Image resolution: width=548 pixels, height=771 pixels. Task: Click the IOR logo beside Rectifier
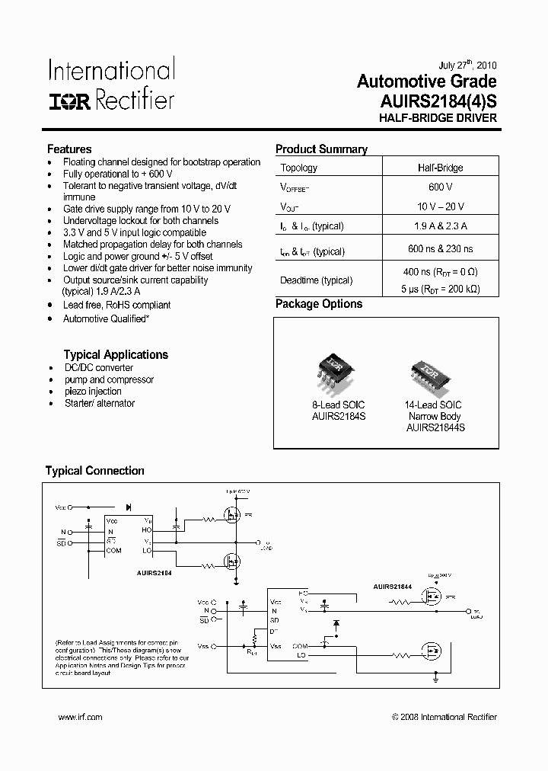pos(71,101)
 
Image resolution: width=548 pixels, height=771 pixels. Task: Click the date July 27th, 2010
pos(468,66)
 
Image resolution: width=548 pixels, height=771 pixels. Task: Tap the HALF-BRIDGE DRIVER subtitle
pos(438,118)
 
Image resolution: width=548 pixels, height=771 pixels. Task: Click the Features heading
pos(69,149)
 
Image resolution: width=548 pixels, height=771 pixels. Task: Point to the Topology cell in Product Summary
pos(299,168)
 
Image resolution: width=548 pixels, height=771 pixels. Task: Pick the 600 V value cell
pos(439,187)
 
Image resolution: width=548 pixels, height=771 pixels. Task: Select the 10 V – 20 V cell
pos(440,207)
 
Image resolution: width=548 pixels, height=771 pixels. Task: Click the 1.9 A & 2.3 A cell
pos(440,226)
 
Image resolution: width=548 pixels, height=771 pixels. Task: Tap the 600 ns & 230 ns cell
pos(440,250)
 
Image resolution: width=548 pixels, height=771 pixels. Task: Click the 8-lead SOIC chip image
pos(333,370)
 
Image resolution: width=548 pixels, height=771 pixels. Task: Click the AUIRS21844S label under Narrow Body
pos(435,428)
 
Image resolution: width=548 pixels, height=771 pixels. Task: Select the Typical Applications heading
pos(116,354)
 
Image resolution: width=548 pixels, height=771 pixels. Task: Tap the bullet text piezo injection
pos(93,392)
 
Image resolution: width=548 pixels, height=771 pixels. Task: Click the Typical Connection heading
pos(95,471)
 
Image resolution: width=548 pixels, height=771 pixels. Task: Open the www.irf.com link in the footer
pos(80,717)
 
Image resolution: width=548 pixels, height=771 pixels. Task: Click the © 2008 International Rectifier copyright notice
pos(444,717)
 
